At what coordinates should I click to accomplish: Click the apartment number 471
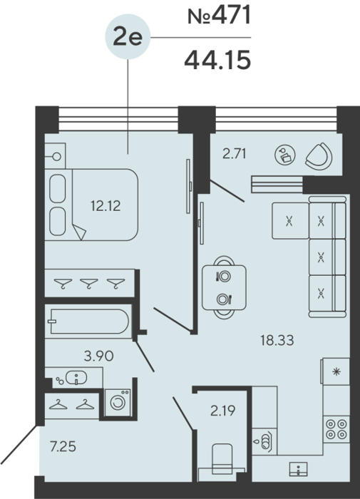(232, 16)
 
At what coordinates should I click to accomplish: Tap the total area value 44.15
(217, 61)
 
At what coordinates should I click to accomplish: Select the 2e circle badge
(128, 36)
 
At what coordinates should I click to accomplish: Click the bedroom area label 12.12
(106, 206)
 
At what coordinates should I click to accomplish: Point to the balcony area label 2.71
(235, 154)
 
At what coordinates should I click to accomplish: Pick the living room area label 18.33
(277, 340)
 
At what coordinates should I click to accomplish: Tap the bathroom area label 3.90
(98, 356)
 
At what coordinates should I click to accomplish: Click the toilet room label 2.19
(223, 411)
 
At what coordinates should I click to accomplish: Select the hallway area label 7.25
(63, 446)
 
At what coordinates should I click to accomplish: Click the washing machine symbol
(118, 402)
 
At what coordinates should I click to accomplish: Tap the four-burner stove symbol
(336, 429)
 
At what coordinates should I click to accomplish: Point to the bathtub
(88, 321)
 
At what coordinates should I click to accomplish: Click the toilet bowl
(222, 458)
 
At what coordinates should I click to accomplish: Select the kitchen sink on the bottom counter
(298, 469)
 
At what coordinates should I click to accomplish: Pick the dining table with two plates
(224, 287)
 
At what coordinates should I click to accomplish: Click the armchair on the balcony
(319, 156)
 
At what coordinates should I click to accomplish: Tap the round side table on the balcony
(285, 155)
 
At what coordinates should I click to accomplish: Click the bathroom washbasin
(76, 378)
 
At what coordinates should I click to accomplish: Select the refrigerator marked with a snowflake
(336, 371)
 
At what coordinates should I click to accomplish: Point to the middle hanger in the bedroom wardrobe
(88, 282)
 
